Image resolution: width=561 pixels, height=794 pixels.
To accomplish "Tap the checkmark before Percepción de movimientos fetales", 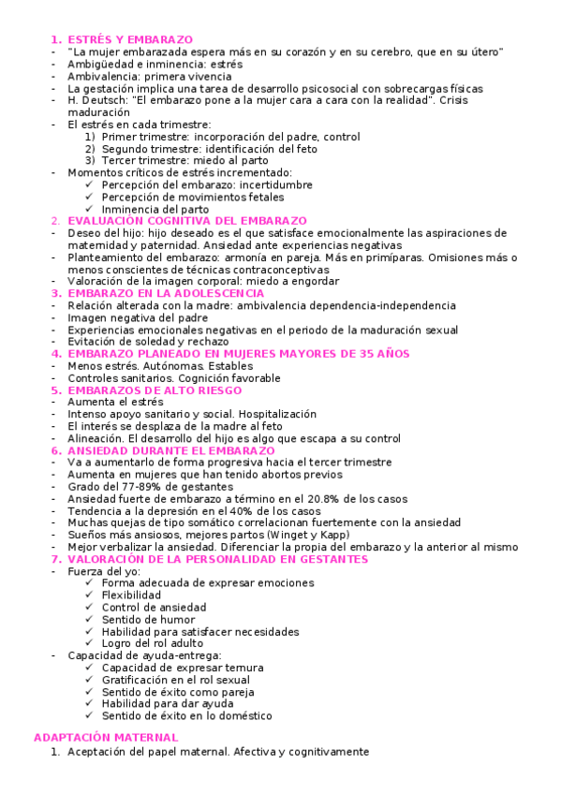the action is click(x=89, y=197).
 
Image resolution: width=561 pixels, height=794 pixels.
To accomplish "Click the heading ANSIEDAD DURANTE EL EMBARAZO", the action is click(x=164, y=450).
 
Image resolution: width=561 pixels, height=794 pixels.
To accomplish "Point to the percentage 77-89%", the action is click(x=137, y=487).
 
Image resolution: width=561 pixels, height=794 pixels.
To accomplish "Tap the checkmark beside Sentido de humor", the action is click(x=89, y=620).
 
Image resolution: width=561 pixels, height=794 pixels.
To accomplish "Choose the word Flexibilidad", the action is click(x=131, y=595).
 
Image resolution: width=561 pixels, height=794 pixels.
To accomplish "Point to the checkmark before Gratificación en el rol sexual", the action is click(x=89, y=680).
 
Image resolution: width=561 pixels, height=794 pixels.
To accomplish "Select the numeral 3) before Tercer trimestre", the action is click(x=90, y=160).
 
